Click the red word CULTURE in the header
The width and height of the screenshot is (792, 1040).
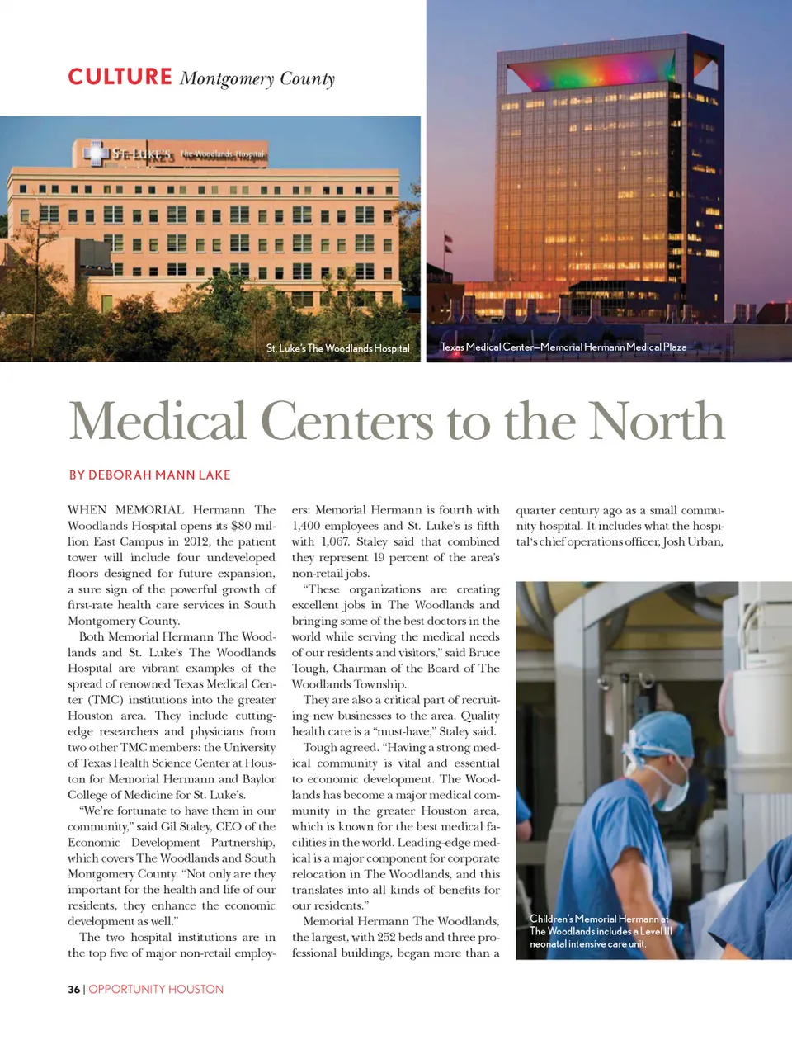coord(120,77)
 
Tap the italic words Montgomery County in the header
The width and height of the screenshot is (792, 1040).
coord(257,79)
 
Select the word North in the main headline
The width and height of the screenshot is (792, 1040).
coord(657,421)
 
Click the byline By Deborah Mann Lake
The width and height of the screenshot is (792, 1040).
coord(149,475)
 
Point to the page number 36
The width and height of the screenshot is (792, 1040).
coord(74,989)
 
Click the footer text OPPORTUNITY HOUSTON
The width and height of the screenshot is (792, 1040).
coord(156,989)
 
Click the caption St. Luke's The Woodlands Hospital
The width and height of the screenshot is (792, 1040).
coord(337,348)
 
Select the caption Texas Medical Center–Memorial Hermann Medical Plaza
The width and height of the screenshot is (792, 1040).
coord(563,347)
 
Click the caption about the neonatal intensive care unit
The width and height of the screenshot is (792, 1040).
coord(601,931)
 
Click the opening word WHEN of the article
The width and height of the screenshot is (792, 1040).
coord(87,510)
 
